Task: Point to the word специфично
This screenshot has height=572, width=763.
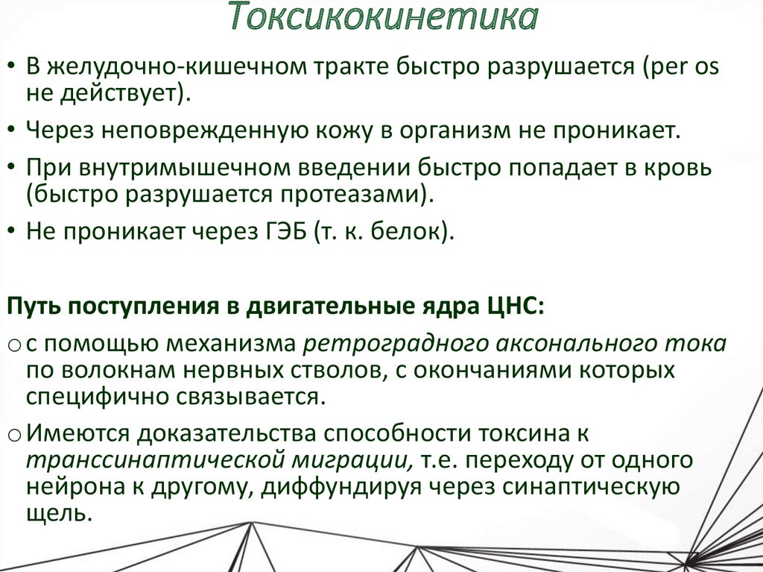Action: click(93, 395)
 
